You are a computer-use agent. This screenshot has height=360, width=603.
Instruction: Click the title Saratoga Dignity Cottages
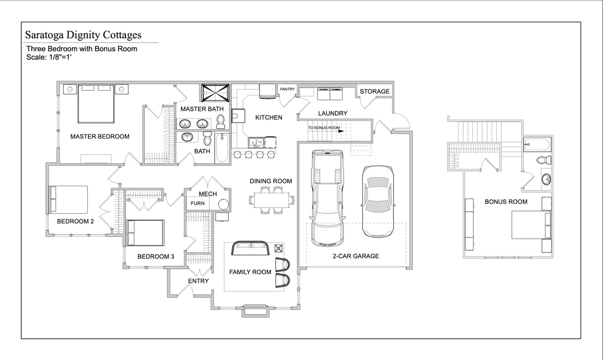coord(83,35)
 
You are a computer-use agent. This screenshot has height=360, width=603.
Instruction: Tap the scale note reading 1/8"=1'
coord(59,57)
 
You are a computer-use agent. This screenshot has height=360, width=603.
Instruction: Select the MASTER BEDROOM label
coord(100,136)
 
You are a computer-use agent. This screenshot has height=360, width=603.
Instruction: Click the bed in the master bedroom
coord(96,104)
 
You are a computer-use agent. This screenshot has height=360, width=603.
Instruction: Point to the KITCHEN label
coord(269,117)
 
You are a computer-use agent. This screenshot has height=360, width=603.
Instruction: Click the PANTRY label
coord(287,89)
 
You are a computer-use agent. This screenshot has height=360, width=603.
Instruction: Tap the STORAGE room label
coord(375,91)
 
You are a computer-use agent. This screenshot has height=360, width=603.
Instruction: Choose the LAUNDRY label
coord(333,113)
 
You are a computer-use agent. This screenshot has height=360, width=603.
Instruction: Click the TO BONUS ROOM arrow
coord(341,131)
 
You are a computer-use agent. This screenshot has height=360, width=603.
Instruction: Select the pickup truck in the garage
coord(327,198)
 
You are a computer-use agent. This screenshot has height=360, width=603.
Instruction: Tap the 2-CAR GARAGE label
coord(356,256)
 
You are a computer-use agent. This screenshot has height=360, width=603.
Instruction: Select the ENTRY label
coord(198,281)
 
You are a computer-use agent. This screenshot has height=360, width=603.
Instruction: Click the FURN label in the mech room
coord(198,203)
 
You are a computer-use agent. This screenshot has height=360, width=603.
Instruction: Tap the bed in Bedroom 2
coord(68,199)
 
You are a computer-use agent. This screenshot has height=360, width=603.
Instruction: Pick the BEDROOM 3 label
coord(155,256)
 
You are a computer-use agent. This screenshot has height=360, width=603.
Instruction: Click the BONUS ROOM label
coord(506,202)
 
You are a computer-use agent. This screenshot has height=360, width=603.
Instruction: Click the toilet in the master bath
coord(220,121)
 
